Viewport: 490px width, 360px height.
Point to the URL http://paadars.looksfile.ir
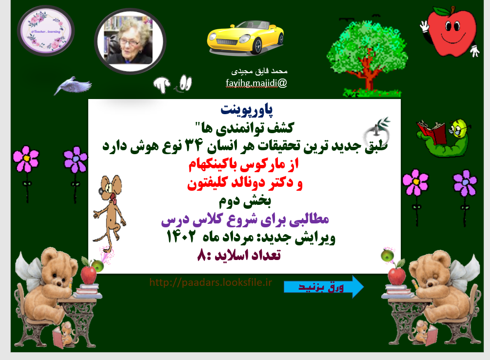coord(210,282)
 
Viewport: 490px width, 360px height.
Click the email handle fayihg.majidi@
coord(256,82)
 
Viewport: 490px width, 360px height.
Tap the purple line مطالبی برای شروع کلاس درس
coord(244,220)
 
